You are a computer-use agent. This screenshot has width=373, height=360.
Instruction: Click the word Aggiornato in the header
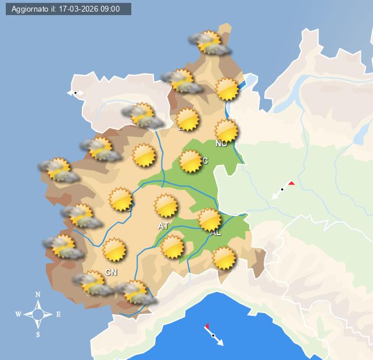click(x=32, y=9)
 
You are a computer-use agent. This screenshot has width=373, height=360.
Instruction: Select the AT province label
click(x=163, y=226)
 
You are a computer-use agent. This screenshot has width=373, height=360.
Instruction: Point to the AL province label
click(x=216, y=233)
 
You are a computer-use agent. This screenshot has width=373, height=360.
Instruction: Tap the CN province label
click(x=111, y=272)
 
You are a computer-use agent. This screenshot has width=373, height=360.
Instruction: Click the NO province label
click(x=221, y=143)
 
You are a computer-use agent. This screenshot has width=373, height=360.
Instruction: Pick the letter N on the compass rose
click(x=38, y=295)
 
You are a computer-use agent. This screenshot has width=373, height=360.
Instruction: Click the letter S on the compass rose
click(x=38, y=334)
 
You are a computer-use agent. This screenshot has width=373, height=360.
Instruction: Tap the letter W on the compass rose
click(x=19, y=315)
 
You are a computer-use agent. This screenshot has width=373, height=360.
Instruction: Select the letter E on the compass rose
click(x=58, y=315)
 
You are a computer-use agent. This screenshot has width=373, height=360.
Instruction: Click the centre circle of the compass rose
click(x=38, y=315)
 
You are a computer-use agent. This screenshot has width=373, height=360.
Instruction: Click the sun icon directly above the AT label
click(x=166, y=206)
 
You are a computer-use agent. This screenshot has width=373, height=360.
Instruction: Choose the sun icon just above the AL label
click(x=209, y=219)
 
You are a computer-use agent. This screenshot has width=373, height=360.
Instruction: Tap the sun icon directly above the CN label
click(x=114, y=250)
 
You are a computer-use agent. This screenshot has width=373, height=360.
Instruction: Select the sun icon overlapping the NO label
click(x=226, y=131)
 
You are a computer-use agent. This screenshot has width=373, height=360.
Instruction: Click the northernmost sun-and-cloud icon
click(x=209, y=42)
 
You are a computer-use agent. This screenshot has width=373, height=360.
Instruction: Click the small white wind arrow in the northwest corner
click(x=76, y=92)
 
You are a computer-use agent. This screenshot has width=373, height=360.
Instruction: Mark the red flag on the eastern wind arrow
click(x=291, y=183)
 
